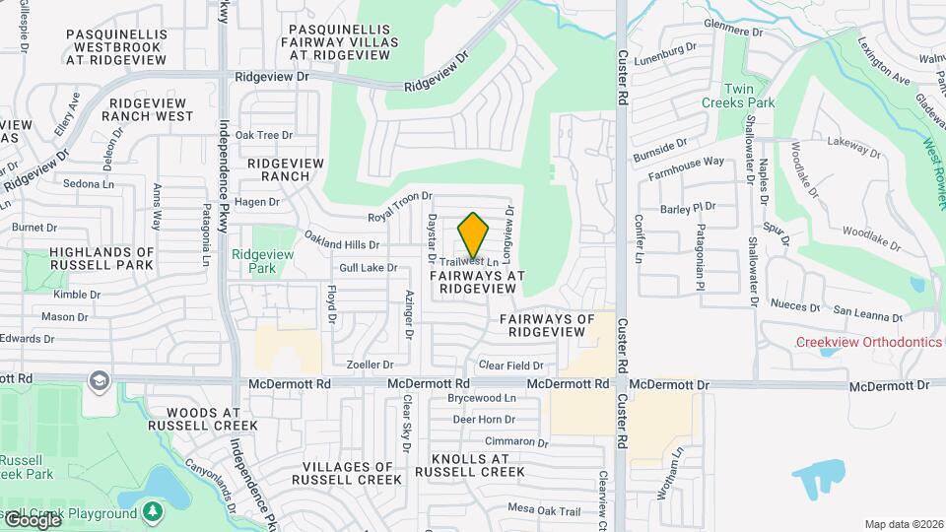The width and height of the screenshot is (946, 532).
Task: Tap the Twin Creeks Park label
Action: point(737,95)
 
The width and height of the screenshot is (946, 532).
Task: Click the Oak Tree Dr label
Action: point(263,135)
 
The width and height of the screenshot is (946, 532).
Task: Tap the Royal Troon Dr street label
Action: point(400,207)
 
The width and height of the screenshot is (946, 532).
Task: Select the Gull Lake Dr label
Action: point(368,267)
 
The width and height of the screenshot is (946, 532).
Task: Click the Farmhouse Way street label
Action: point(686,167)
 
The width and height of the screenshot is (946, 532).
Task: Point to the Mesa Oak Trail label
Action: point(545,509)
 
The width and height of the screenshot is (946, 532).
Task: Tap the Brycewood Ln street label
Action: point(482,398)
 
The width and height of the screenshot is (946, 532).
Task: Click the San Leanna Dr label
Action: point(867,316)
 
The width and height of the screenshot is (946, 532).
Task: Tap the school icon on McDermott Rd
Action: point(98,380)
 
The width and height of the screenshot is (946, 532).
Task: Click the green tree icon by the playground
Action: point(151,511)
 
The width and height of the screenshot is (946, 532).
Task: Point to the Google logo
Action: point(32,519)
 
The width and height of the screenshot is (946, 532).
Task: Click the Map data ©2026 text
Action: point(903,524)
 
